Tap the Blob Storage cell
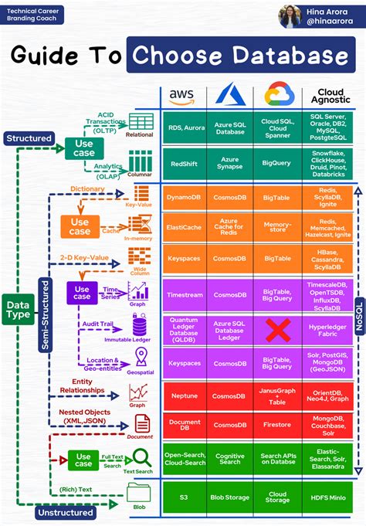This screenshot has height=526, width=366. click(x=230, y=497)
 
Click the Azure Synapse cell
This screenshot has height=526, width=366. click(x=230, y=164)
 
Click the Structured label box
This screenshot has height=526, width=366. click(x=29, y=138)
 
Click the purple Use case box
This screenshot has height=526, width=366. click(x=82, y=293)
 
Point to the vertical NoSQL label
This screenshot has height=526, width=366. click(x=358, y=309)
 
